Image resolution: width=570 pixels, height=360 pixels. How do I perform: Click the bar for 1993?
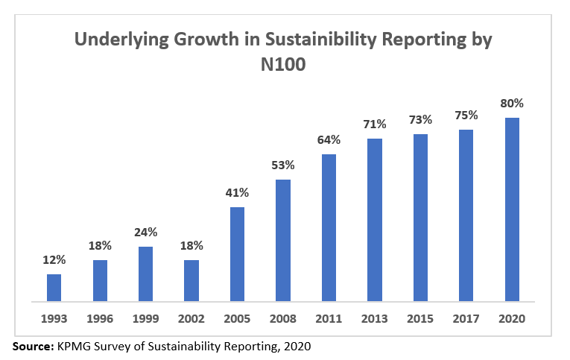click(54, 288)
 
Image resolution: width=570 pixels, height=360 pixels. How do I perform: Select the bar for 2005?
click(237, 254)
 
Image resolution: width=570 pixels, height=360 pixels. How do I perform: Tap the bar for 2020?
click(512, 209)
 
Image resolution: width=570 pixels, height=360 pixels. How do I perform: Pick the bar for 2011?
click(329, 228)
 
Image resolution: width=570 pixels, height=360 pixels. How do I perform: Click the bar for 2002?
click(191, 281)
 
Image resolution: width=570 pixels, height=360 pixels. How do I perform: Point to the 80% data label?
click(512, 103)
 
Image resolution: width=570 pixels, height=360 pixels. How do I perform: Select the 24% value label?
click(145, 232)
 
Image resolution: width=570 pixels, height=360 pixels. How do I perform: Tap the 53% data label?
click(283, 165)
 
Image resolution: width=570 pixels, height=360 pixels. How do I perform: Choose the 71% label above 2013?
click(375, 124)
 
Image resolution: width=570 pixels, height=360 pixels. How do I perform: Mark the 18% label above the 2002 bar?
click(191, 245)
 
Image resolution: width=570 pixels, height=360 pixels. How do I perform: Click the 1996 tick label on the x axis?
click(100, 318)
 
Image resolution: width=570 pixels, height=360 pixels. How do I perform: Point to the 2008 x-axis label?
click(283, 318)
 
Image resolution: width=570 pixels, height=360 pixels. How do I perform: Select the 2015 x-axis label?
click(420, 318)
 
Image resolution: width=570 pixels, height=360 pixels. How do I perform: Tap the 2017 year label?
click(466, 318)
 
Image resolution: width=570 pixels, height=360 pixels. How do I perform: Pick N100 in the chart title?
click(284, 65)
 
